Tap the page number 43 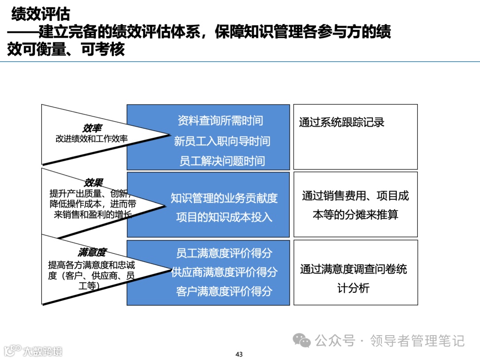coord(239,354)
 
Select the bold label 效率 coord(92,128)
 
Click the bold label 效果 coord(93,183)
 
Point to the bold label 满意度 coord(92,252)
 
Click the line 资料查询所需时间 coord(220,120)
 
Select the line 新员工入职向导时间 coord(222,141)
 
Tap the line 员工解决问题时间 coord(222,161)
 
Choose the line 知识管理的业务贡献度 coord(224,198)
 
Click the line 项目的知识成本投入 coord(224,218)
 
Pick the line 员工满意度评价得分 coord(224,253)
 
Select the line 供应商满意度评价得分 coord(224,272)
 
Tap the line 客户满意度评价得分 coord(224,292)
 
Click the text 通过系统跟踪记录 coord(341,123)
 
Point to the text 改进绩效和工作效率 coord(92,139)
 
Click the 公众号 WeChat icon coord(304,341)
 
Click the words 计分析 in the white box coord(353,288)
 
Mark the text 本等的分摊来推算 coord(356,215)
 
